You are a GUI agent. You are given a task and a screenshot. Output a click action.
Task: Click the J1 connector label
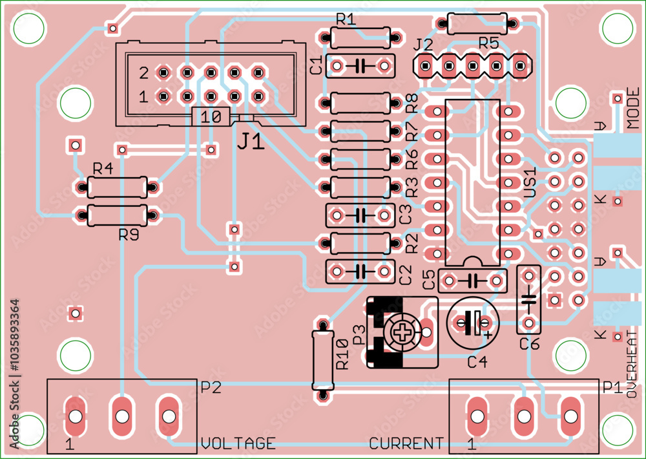tap(250, 142)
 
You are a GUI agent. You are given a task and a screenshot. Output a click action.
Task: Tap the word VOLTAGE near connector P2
tap(238, 443)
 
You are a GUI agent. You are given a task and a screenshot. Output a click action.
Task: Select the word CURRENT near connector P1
tap(406, 443)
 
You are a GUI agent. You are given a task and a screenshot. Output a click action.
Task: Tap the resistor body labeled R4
tap(118, 187)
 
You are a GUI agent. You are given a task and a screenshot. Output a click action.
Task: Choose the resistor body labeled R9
tap(118, 215)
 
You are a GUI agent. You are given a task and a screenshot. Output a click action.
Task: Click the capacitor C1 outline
tap(360, 65)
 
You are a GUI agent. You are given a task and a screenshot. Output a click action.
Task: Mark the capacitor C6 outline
tap(529, 299)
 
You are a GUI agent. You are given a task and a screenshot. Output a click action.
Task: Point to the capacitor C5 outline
tap(472, 281)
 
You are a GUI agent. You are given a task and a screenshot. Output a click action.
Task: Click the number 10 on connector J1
tap(211, 117)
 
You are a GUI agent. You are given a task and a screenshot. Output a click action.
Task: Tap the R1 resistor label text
tap(346, 19)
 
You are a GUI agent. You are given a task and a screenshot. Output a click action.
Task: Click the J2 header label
tap(423, 44)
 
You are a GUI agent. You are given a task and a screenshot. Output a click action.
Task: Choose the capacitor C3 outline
tap(360, 213)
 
